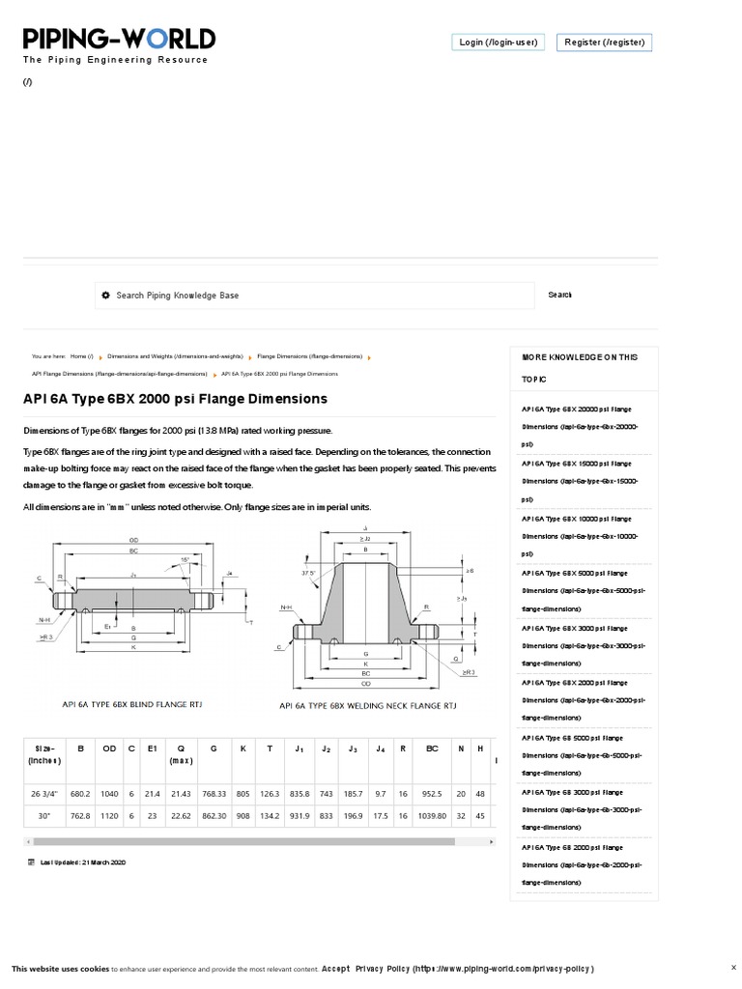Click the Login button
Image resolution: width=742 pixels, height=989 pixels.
pos(498,42)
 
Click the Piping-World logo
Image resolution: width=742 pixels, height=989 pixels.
pos(119,40)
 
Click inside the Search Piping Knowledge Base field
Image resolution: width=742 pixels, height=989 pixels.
pos(314,296)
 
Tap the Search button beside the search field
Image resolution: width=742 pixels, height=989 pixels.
pos(559,296)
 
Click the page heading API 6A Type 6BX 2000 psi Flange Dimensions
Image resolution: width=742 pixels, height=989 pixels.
pos(175,399)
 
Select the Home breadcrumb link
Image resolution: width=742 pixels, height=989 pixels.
pos(81,356)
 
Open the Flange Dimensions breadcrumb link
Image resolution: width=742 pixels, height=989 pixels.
pos(309,356)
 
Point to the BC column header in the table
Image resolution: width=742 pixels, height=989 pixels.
pos(431,748)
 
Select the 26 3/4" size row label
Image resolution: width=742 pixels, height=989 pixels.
pos(44,794)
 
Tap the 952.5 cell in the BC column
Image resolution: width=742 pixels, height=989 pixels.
pos(431,794)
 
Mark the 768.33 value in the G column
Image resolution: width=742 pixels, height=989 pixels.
pos(211,794)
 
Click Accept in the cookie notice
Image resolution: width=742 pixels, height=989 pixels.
pos(335,969)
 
